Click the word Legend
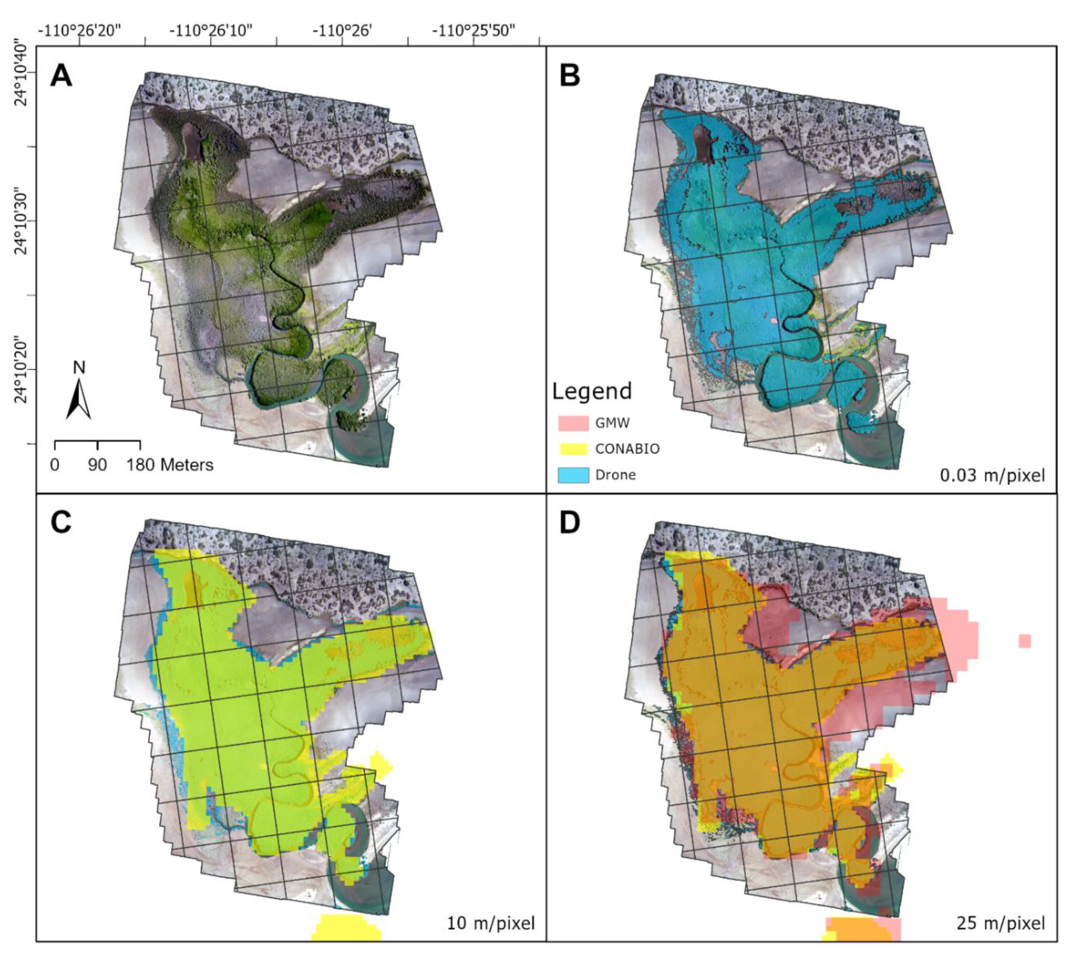(x=592, y=391)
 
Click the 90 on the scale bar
(x=98, y=465)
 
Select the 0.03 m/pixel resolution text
(x=992, y=475)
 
